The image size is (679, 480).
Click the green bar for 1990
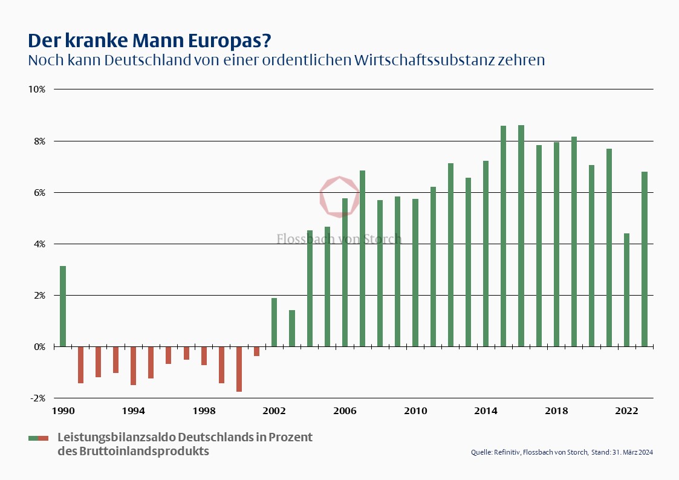(63, 306)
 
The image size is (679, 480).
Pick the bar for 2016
(521, 236)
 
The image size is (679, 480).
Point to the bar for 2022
(627, 290)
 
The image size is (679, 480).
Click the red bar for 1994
(134, 365)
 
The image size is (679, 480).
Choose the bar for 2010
(415, 273)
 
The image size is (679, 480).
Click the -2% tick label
(37, 398)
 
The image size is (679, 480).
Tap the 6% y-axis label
(39, 192)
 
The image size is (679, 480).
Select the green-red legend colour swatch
(38, 438)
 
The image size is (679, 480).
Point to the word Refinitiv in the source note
(507, 452)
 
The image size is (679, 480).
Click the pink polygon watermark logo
(339, 195)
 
